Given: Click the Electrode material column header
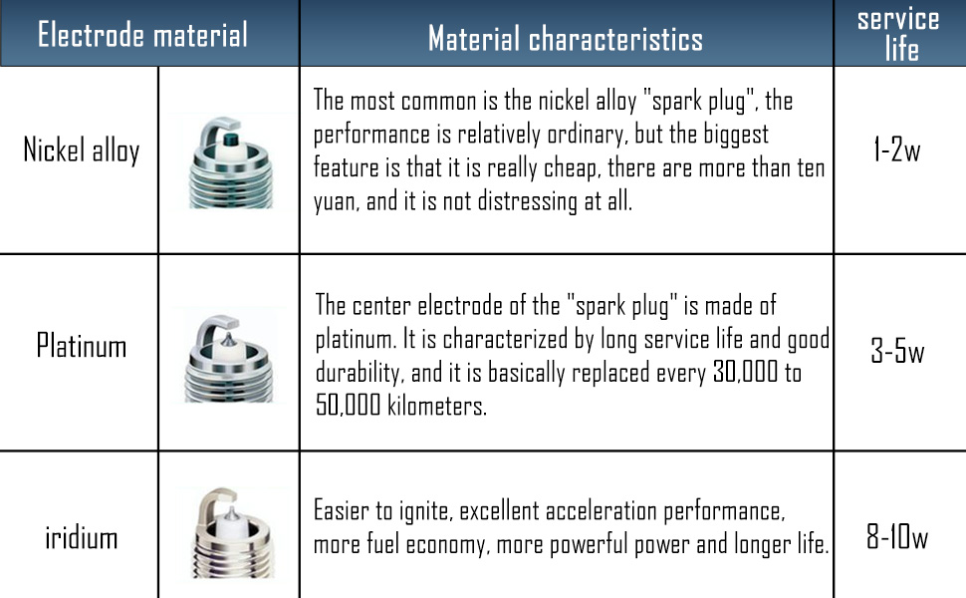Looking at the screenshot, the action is click(142, 35).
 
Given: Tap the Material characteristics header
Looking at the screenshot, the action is click(566, 39).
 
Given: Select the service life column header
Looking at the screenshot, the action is click(899, 35).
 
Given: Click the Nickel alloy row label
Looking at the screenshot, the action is click(82, 150).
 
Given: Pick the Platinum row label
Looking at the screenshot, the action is click(82, 345).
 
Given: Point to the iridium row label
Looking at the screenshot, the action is click(82, 537).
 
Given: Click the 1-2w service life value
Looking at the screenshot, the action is click(897, 149).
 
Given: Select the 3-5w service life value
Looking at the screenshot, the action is click(897, 351).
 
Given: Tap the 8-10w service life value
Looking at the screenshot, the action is click(897, 536).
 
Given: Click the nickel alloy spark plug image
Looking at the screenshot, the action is click(231, 162).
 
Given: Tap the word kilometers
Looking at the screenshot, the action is click(437, 405).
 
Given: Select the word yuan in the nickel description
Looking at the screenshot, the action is click(337, 202).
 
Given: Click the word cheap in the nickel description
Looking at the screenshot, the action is click(571, 168).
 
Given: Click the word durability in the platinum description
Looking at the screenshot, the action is click(360, 373).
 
